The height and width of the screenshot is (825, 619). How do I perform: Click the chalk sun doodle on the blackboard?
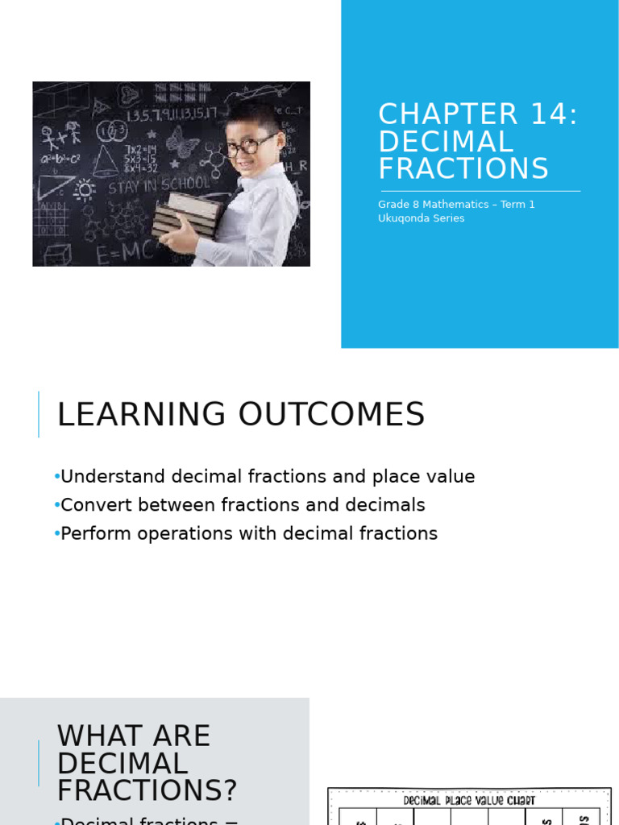84,190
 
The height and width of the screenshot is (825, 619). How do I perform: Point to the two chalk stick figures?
63,136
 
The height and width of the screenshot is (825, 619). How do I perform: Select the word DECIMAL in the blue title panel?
446,142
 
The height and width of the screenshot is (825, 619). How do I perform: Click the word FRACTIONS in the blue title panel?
463,168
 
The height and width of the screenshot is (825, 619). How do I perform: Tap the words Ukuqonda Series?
421,218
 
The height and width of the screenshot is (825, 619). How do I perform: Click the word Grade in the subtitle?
393,205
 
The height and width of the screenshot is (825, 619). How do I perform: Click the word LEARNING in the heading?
141,414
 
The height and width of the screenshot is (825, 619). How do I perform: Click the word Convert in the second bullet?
93,505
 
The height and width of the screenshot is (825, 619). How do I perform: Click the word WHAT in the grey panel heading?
98,736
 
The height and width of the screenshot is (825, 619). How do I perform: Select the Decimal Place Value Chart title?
468,801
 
